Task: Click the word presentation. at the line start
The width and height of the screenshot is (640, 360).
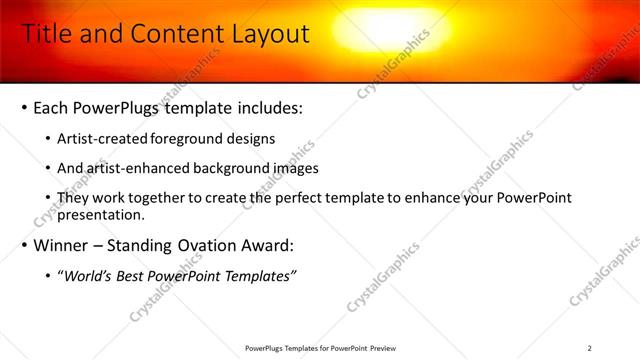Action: pos(102,214)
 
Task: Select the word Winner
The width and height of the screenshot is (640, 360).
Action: pos(63,245)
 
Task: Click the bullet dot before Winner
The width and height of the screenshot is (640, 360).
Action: pos(24,246)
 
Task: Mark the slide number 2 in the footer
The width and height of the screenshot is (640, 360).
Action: pos(589,348)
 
